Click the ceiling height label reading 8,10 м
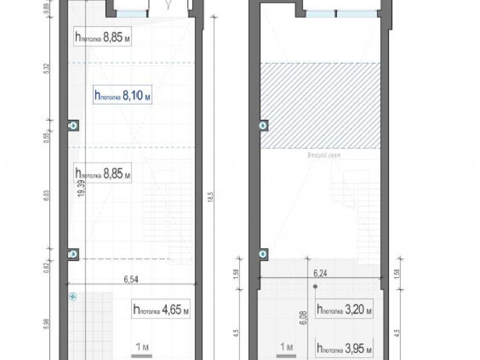click(122, 96)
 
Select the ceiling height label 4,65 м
click(161, 309)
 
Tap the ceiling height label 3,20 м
click(345, 309)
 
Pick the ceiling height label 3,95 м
click(345, 348)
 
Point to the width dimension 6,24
click(320, 272)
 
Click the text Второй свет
click(321, 155)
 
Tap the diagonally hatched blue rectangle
click(320, 105)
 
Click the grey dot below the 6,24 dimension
click(315, 286)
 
